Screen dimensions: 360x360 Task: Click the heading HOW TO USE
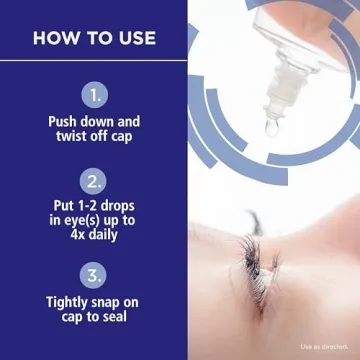point(94,39)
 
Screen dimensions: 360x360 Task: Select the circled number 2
point(93,183)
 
